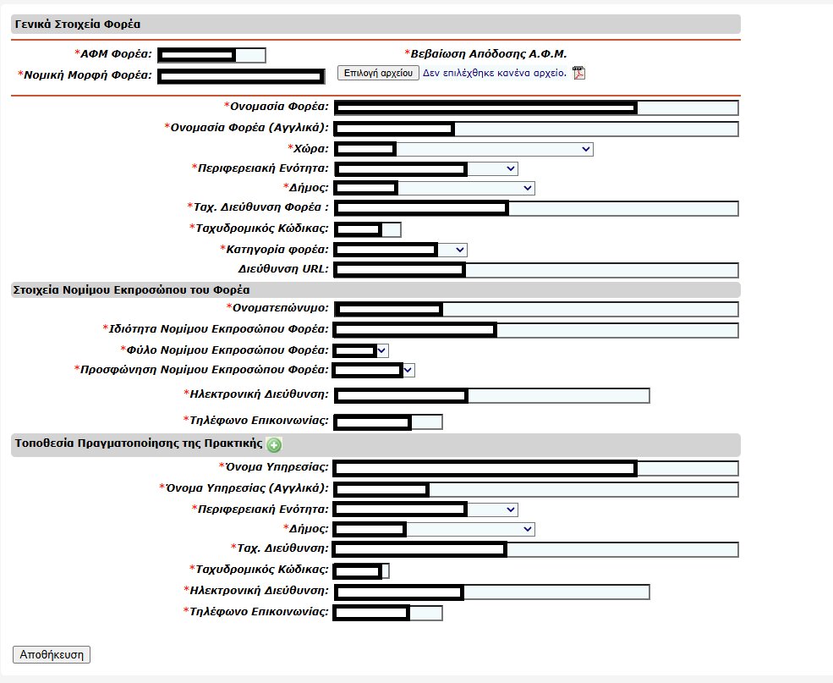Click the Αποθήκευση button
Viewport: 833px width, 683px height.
pos(51,654)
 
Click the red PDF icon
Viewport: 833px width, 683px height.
pos(579,73)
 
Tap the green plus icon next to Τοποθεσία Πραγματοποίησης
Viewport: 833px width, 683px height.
pos(273,445)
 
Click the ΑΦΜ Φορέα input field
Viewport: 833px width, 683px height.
pos(211,56)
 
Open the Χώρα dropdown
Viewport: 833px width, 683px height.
pos(463,149)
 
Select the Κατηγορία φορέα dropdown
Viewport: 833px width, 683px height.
pos(400,250)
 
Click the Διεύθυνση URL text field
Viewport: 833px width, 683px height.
pos(535,270)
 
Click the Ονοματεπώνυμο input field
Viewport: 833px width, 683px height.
pos(535,309)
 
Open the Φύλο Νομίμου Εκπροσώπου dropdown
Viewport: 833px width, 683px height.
pos(361,350)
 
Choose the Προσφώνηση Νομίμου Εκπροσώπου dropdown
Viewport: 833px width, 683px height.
pos(374,370)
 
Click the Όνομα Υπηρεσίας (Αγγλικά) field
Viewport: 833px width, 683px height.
pos(535,489)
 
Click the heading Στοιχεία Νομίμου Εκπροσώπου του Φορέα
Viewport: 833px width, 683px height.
pos(130,289)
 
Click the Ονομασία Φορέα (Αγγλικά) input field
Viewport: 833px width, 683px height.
pos(535,129)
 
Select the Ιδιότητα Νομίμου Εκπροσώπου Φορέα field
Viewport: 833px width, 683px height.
pos(535,330)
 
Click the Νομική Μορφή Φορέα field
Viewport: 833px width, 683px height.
pos(241,76)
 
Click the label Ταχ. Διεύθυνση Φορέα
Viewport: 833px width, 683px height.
pos(257,207)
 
